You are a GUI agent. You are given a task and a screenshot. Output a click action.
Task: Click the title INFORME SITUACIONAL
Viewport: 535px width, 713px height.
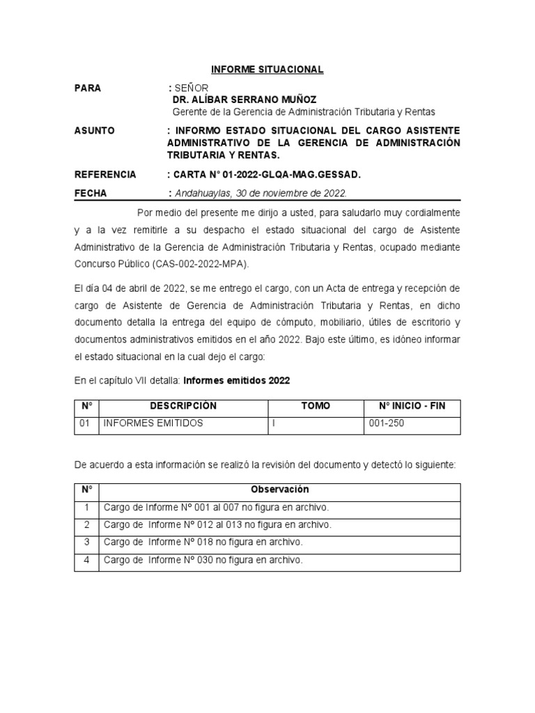(x=267, y=70)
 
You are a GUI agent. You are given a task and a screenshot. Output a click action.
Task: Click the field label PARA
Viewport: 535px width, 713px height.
(x=88, y=88)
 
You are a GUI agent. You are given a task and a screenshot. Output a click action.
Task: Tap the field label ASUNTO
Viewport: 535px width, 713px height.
(x=94, y=131)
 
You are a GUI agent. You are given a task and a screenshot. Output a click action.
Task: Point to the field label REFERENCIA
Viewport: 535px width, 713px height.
(x=104, y=174)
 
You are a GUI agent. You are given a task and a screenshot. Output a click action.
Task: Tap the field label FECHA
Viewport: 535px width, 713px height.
(x=91, y=194)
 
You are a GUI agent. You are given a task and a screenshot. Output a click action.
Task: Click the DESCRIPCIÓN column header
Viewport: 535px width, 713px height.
(x=184, y=406)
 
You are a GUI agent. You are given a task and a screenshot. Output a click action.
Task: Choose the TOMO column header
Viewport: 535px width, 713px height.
(x=316, y=406)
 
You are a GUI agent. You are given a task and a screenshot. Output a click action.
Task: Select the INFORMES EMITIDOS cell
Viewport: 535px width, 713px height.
(x=153, y=423)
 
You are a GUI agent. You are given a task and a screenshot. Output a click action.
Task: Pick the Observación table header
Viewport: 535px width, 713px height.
(x=279, y=490)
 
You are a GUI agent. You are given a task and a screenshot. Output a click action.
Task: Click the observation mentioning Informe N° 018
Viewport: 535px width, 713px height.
(x=203, y=542)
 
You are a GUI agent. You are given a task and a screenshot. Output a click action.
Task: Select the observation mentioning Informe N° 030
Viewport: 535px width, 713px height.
(x=203, y=560)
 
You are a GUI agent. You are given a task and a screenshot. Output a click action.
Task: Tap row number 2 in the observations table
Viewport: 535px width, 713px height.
(x=86, y=524)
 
